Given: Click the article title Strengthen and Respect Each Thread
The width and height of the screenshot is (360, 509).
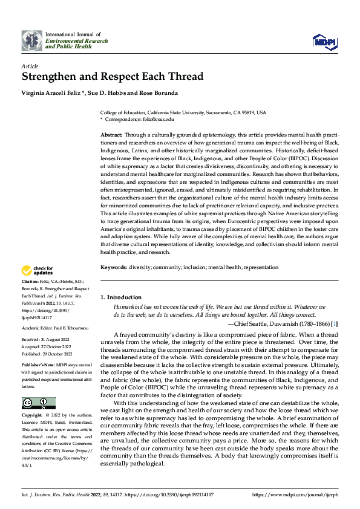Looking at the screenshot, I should (113, 76).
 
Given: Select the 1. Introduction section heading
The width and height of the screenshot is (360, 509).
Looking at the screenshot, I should (120, 297).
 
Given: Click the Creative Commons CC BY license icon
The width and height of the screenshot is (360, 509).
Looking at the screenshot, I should (39, 403).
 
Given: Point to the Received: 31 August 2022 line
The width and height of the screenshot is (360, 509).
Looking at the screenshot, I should (46, 340).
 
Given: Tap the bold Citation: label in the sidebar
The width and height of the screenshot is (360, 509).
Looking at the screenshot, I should (30, 282).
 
